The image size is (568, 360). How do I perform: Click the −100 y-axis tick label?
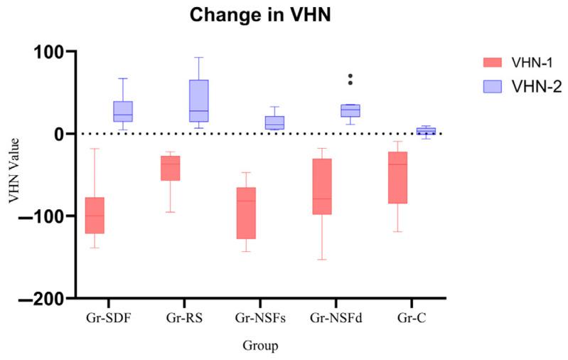41,216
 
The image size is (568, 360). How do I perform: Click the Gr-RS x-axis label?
184,317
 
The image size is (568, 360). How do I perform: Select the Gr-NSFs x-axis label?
260,317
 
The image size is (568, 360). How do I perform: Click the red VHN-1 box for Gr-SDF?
95,216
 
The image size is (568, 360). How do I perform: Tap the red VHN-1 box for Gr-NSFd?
322,186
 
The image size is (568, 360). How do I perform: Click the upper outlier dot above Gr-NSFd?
350,76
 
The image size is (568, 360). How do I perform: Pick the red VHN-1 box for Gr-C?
397,177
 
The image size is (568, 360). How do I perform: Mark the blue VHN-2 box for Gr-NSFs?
274,122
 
